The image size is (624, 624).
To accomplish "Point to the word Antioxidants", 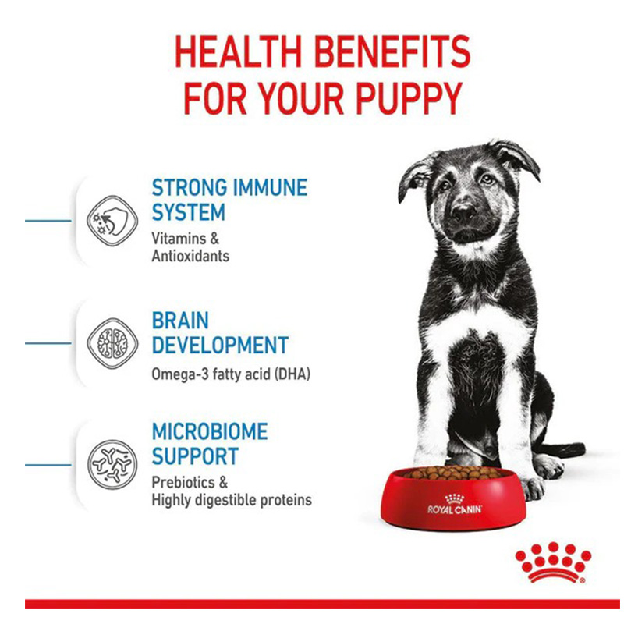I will pyautogui.click(x=190, y=255).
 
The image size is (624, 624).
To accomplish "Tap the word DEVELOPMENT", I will pyautogui.click(x=219, y=346).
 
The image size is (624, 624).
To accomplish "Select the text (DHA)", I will pyautogui.click(x=291, y=374).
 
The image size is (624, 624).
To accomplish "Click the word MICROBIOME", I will pyautogui.click(x=209, y=432).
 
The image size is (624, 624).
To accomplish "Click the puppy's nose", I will pyautogui.click(x=463, y=211).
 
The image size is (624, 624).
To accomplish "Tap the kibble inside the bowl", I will pyautogui.click(x=452, y=473).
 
